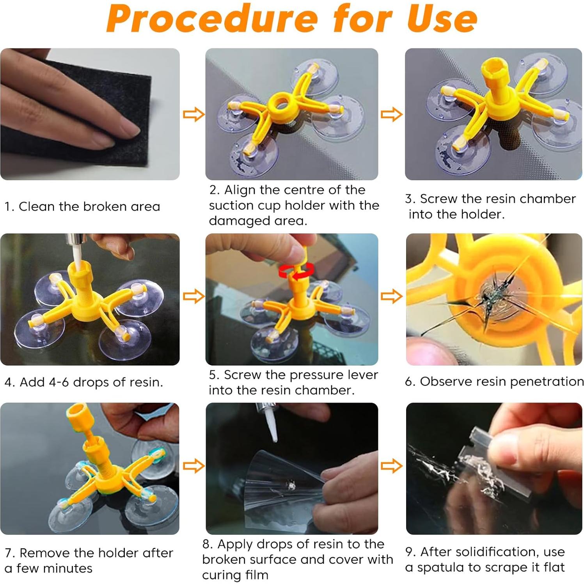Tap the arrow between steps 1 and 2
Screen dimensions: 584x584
click(x=193, y=114)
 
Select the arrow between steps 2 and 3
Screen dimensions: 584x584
click(x=392, y=114)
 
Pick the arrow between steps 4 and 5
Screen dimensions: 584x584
click(x=193, y=296)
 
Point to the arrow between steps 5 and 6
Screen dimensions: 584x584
click(x=392, y=296)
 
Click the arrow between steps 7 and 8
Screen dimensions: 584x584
click(x=193, y=466)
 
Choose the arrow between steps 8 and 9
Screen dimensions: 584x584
click(x=392, y=466)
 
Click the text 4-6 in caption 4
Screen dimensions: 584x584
click(x=59, y=382)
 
